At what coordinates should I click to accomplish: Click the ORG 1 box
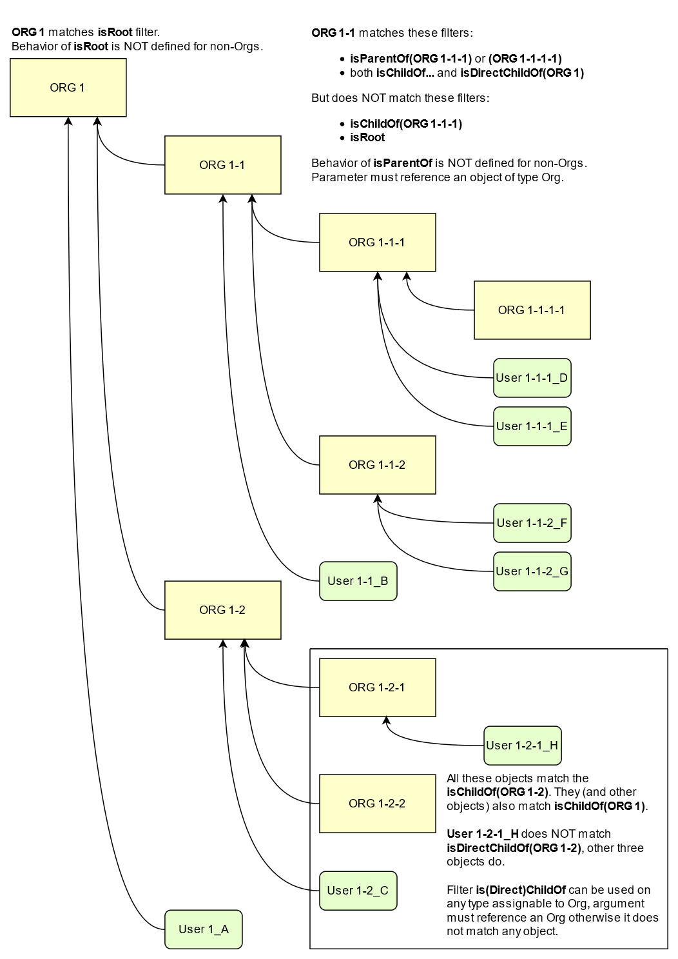pyautogui.click(x=68, y=88)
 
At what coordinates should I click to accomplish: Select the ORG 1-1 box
pyautogui.click(x=222, y=165)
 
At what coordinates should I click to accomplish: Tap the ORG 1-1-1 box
pyautogui.click(x=377, y=242)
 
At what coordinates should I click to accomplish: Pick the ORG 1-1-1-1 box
pyautogui.click(x=532, y=310)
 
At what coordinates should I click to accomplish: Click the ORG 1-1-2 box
pyautogui.click(x=377, y=465)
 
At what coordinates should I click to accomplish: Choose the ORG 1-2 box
pyautogui.click(x=222, y=610)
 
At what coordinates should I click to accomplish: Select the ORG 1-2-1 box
pyautogui.click(x=377, y=687)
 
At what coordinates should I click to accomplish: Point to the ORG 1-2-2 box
pyautogui.click(x=377, y=804)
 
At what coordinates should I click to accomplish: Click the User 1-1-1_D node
pyautogui.click(x=532, y=378)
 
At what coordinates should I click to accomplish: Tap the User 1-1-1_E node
pyautogui.click(x=532, y=426)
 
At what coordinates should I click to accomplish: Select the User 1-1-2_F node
pyautogui.click(x=532, y=523)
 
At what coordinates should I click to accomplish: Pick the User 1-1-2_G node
pyautogui.click(x=532, y=571)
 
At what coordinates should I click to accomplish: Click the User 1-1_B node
pyautogui.click(x=358, y=581)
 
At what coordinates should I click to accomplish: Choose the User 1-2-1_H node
pyautogui.click(x=522, y=746)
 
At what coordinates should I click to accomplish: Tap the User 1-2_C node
pyautogui.click(x=358, y=891)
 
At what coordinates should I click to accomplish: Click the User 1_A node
pyautogui.click(x=203, y=929)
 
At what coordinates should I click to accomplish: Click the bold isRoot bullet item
pyautogui.click(x=367, y=137)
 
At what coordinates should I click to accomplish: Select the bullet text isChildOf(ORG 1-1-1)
pyautogui.click(x=406, y=124)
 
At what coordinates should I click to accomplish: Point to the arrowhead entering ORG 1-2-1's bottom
pyautogui.click(x=386, y=720)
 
